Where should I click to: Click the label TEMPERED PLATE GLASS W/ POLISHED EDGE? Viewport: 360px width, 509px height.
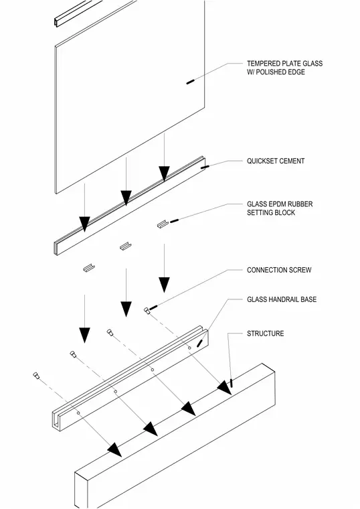(285, 68)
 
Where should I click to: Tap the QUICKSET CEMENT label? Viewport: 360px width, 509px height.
(276, 161)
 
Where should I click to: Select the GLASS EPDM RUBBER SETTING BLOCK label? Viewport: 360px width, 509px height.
(280, 208)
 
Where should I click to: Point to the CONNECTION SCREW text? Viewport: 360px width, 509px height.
(279, 270)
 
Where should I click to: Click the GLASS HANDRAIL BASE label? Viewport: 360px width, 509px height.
(282, 299)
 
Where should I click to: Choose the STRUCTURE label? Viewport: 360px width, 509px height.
(265, 334)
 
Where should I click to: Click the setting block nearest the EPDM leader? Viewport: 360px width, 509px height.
(163, 224)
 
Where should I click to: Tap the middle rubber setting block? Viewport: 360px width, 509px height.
(125, 246)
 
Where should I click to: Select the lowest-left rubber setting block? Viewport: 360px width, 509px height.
(88, 268)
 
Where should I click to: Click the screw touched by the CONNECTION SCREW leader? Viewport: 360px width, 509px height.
(147, 311)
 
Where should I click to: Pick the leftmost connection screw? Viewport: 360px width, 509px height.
(36, 376)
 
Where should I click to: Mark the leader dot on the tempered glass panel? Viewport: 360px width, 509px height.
(190, 82)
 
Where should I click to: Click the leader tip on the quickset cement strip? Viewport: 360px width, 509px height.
(205, 167)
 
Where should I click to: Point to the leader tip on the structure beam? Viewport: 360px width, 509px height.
(232, 382)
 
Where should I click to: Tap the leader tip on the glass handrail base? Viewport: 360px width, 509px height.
(200, 343)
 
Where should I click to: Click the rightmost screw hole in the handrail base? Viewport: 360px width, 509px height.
(190, 348)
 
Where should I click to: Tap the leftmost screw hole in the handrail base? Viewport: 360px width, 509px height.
(78, 413)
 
